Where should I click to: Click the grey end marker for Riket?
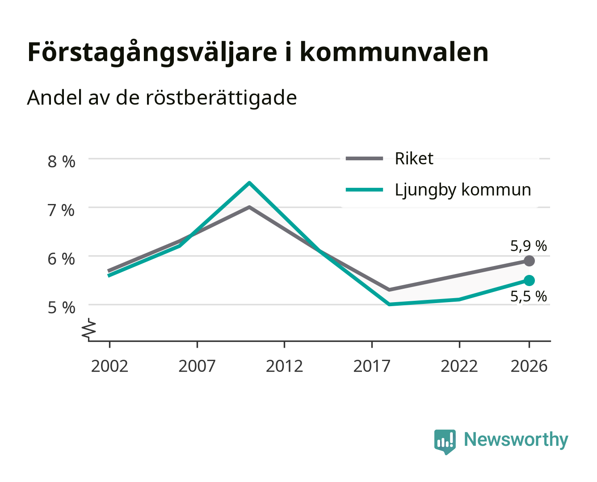tap(529, 261)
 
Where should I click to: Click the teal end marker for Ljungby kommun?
tap(529, 280)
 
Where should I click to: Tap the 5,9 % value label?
tap(528, 246)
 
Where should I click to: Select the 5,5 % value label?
tap(528, 296)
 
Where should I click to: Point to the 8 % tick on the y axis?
tap(61, 162)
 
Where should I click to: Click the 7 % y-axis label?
tap(61, 210)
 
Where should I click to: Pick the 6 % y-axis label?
tap(61, 259)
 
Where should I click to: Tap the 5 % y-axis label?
tap(61, 307)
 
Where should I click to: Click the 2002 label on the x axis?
tap(109, 366)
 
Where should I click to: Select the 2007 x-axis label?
tap(197, 366)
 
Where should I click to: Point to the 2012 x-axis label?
tap(285, 366)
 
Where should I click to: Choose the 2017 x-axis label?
tap(372, 366)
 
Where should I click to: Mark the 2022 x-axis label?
tap(459, 366)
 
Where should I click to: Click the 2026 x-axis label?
tap(529, 366)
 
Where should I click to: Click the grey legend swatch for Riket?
tap(364, 159)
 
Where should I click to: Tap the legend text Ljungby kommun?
tap(463, 191)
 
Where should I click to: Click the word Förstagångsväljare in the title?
tap(152, 53)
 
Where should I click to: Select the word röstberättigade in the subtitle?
tap(221, 98)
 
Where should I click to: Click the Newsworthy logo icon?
tap(445, 442)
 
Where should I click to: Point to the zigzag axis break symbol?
tap(89, 329)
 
